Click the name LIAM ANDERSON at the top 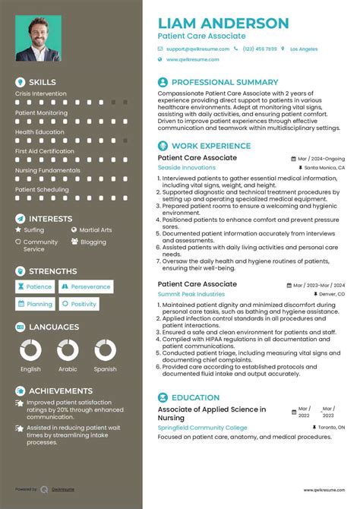pyautogui.click(x=223, y=23)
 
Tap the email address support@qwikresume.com pyautogui.click(x=197, y=49)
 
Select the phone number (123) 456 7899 pyautogui.click(x=259, y=49)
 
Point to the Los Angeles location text pyautogui.click(x=304, y=49)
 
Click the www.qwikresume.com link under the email pyautogui.click(x=192, y=59)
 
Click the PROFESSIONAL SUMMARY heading pyautogui.click(x=225, y=82)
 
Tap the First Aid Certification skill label pyautogui.click(x=45, y=151)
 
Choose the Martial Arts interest pyautogui.click(x=96, y=229)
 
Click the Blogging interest pyautogui.click(x=93, y=242)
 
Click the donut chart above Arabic pyautogui.click(x=68, y=350)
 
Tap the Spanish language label pyautogui.click(x=106, y=369)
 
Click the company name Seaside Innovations pyautogui.click(x=186, y=167)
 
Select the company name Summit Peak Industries pyautogui.click(x=191, y=293)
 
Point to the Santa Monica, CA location pyautogui.click(x=326, y=167)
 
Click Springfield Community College pyautogui.click(x=202, y=428)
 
